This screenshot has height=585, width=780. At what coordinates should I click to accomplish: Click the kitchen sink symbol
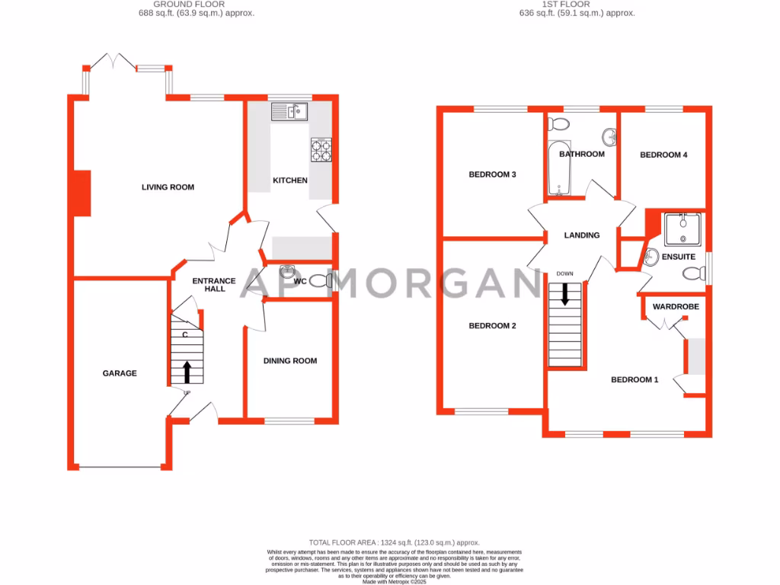click(x=289, y=112)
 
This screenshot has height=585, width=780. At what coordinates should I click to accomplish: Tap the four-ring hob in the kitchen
click(x=321, y=150)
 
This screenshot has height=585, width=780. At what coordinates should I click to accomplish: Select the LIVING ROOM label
click(x=168, y=187)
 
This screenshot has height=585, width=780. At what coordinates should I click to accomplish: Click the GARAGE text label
click(x=120, y=373)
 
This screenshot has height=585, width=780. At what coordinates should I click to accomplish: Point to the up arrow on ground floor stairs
click(x=187, y=372)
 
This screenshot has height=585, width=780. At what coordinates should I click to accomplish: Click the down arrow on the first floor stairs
click(x=565, y=293)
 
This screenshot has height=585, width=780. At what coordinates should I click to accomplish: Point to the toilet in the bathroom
click(x=558, y=123)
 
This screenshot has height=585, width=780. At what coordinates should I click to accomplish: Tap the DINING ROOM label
click(x=290, y=361)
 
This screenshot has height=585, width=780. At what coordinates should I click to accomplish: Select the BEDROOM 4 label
click(x=663, y=155)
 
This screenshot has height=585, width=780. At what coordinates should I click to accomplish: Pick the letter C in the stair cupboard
click(x=184, y=334)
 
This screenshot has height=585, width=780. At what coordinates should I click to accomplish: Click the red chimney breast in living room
click(x=82, y=193)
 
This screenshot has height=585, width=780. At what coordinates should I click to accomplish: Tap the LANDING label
click(x=581, y=235)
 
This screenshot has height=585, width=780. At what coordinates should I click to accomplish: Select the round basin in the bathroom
click(x=610, y=137)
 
